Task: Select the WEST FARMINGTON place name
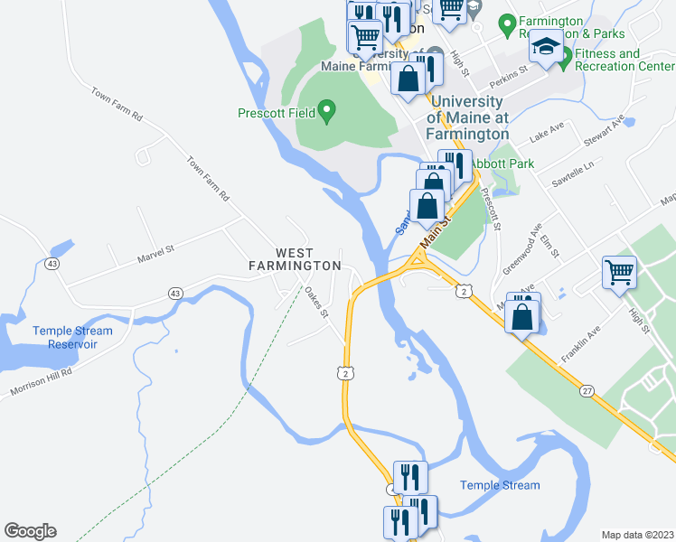[296, 259]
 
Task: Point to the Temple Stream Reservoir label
[72, 338]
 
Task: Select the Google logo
[30, 531]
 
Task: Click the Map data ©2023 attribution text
[637, 534]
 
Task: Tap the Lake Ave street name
[546, 134]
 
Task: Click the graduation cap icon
[546, 47]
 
